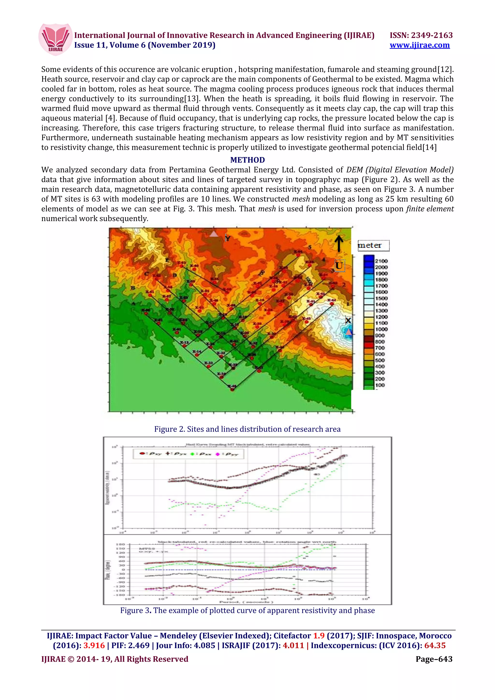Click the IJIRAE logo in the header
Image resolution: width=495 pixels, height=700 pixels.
56,40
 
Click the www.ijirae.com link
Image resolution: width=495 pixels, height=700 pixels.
419,45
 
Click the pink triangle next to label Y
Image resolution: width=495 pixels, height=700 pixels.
214,234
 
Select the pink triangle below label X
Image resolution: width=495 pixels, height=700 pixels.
348,332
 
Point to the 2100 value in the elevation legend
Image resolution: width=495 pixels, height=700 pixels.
381,261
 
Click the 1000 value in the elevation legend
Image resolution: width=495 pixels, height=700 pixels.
381,329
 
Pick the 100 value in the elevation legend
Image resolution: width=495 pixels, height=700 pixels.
380,385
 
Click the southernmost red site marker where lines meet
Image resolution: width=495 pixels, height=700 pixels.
233,389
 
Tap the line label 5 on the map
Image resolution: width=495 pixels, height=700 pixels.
310,247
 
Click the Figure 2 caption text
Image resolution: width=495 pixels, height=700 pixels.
247,429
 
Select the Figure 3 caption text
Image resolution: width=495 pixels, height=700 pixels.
247,610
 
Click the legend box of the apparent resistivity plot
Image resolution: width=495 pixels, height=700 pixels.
188,454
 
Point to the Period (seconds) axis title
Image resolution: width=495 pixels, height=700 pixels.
247,602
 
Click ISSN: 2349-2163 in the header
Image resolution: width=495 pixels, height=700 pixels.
421,35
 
